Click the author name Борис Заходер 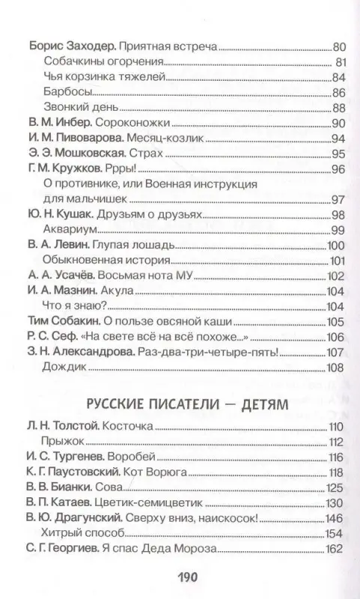pos(61,46)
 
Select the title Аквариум pos(69,230)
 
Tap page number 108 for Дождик pos(335,368)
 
